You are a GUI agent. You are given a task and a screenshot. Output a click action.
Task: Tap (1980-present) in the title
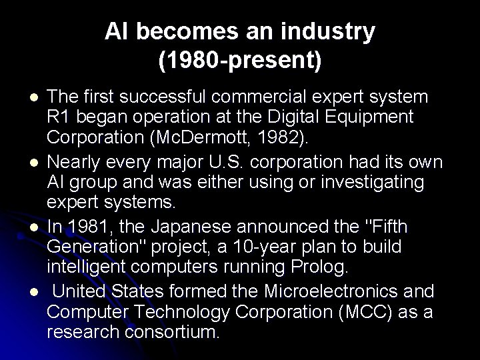[240, 61]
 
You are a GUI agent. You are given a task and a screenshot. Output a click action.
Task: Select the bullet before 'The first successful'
[33, 97]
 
